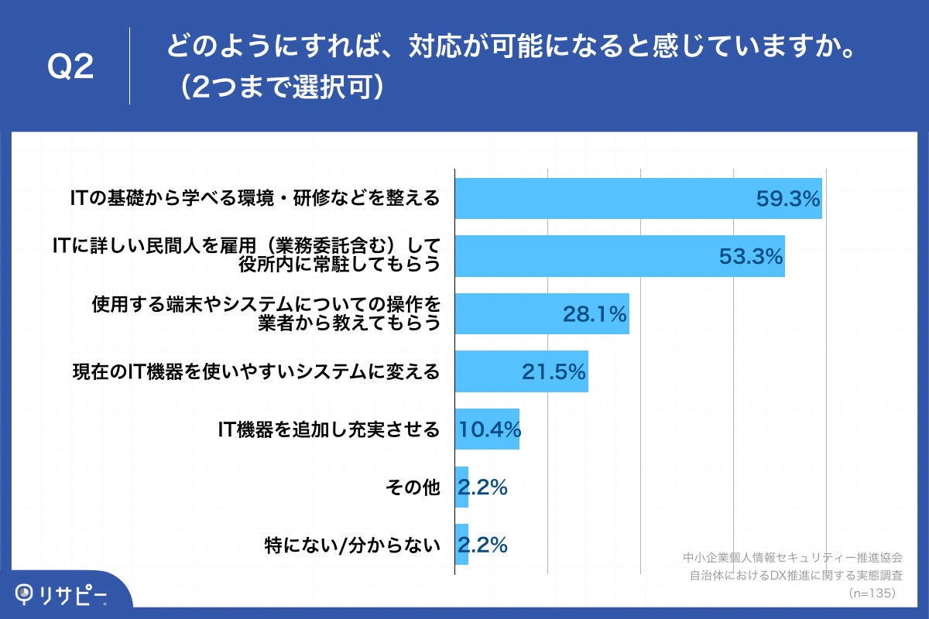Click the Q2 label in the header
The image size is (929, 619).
(70, 68)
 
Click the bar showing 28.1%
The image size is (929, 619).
(526, 313)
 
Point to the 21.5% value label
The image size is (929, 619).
(553, 372)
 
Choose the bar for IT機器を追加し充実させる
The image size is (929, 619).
(486, 429)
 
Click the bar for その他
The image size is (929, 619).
(461, 487)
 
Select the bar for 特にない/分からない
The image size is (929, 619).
(461, 545)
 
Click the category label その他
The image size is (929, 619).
(412, 487)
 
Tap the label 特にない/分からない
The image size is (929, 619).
(352, 545)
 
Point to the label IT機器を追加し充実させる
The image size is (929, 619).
(329, 429)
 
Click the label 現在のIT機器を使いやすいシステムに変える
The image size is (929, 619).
(255, 372)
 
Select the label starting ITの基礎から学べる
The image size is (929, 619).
(255, 199)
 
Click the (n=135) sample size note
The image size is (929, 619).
(872, 593)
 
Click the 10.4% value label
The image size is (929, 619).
(489, 429)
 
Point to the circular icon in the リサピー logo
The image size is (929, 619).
(26, 593)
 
